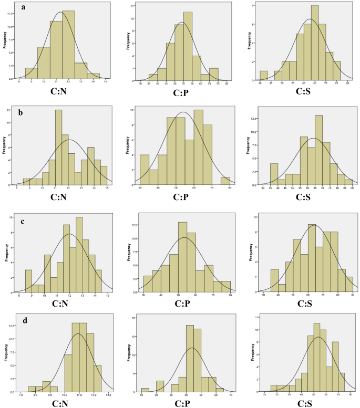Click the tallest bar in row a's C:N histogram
coord(68,45)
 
